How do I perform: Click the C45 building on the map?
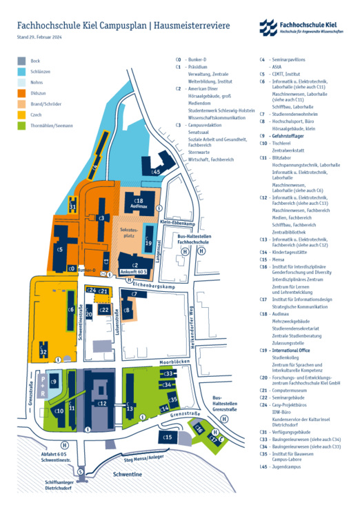[158, 170]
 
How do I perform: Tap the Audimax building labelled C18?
[137, 202]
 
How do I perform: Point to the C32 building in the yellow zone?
[43, 351]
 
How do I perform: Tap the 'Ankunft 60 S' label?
[135, 272]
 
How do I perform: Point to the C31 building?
[73, 207]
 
